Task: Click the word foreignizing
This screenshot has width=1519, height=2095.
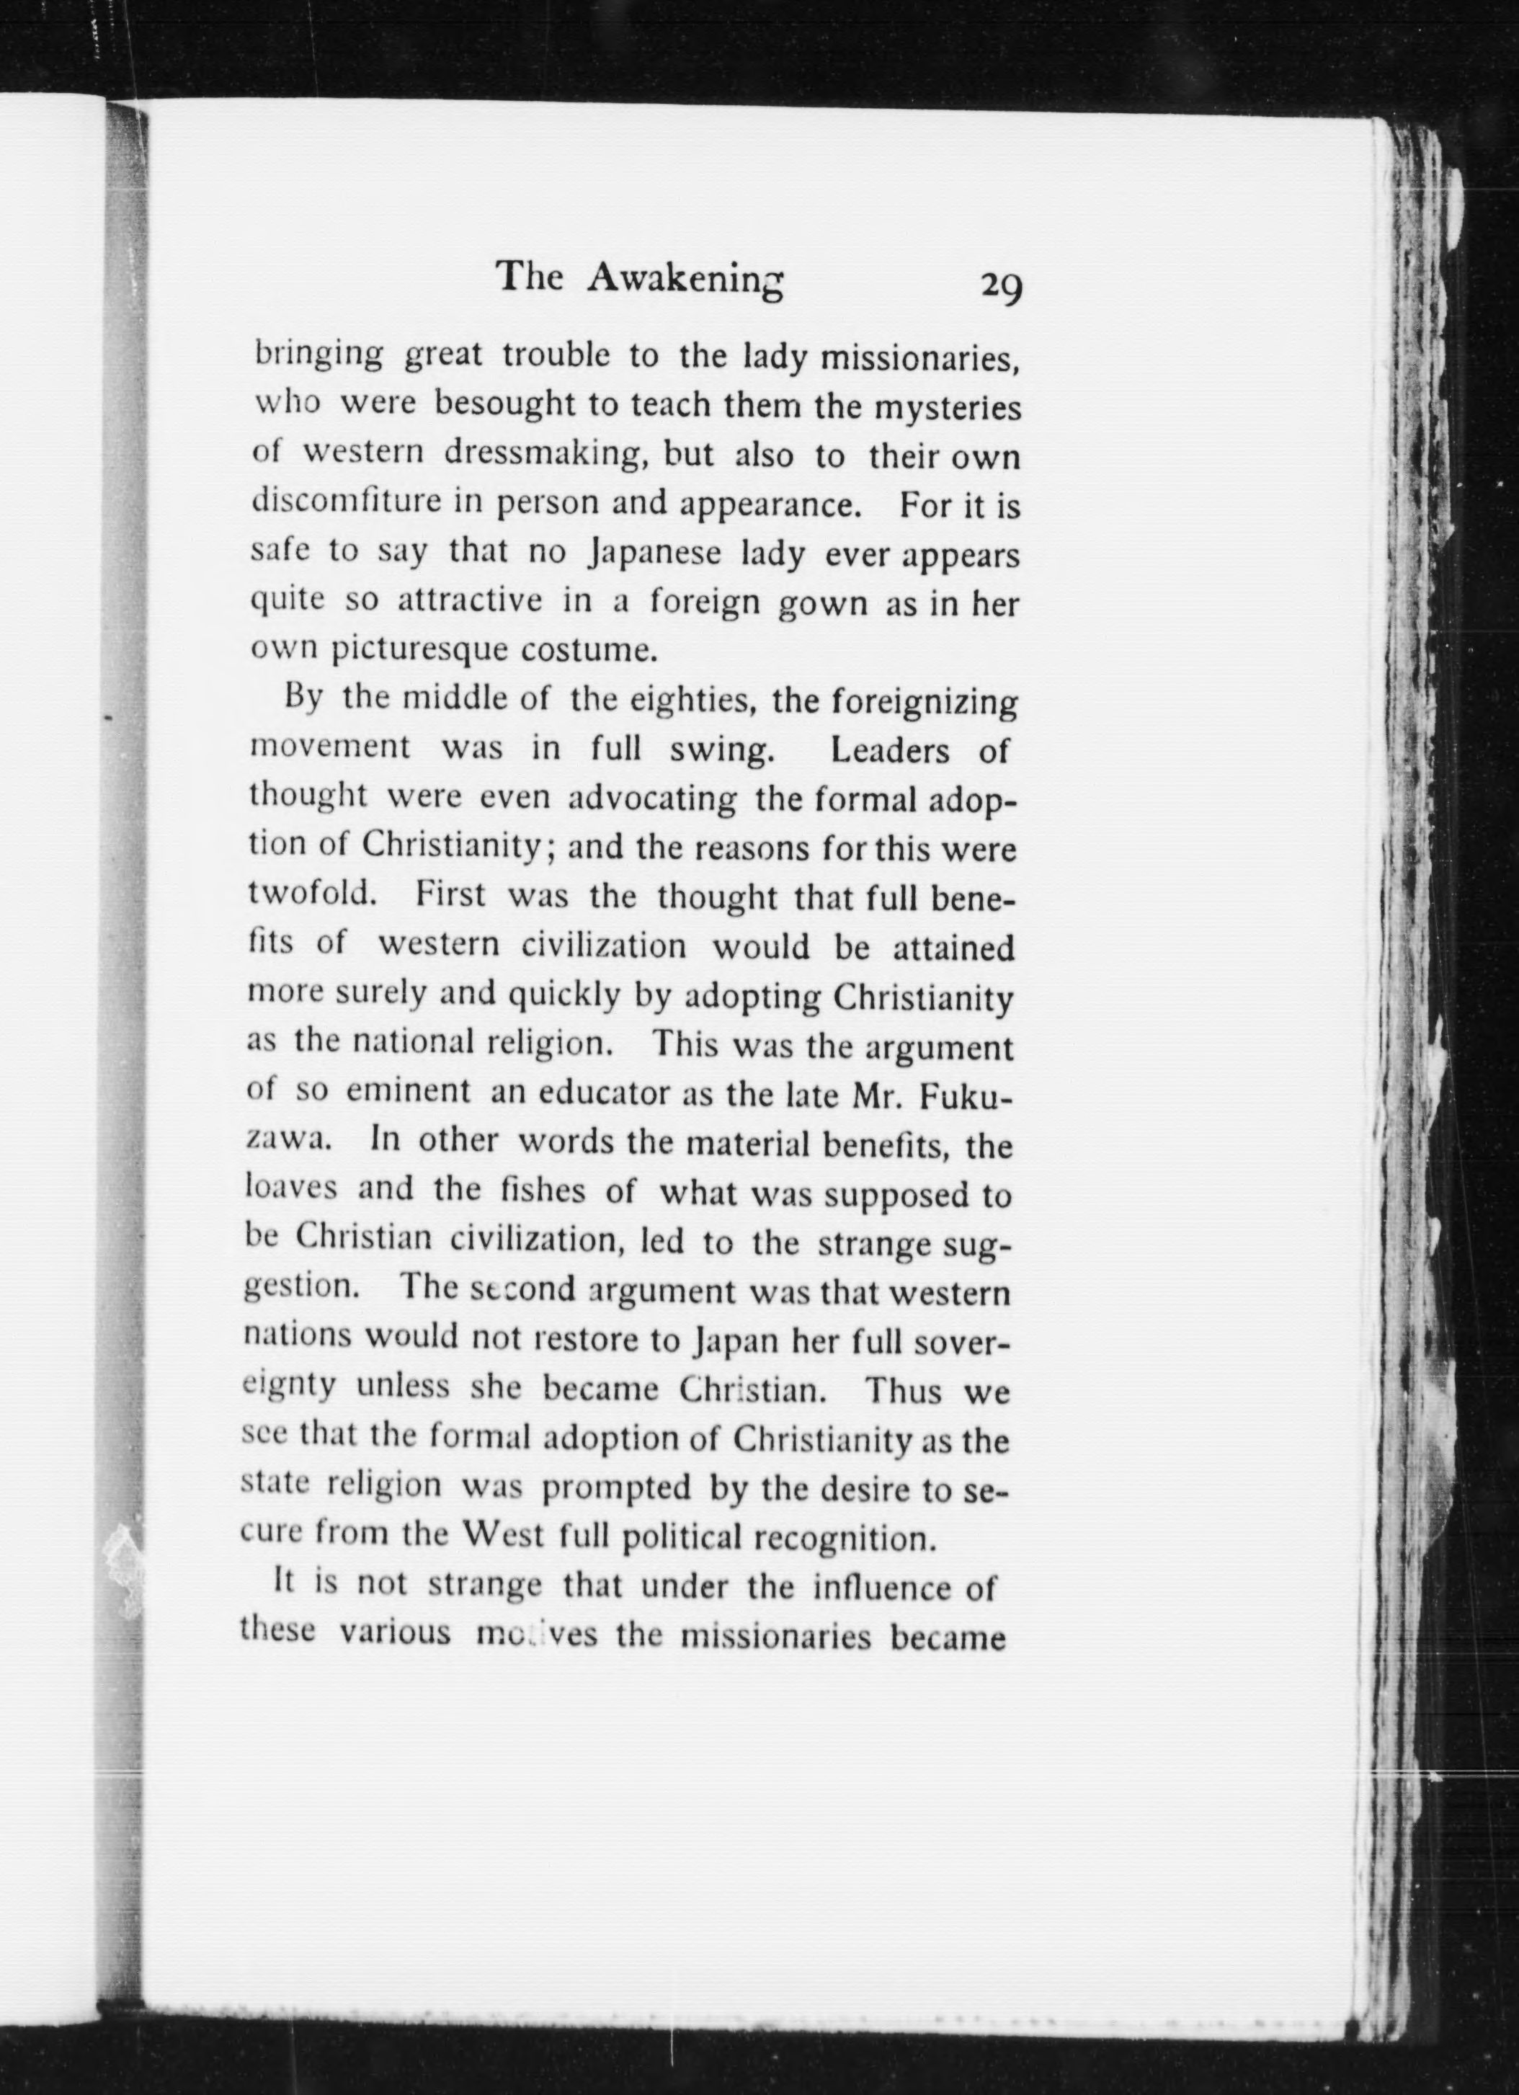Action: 925,706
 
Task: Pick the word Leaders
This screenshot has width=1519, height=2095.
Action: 890,750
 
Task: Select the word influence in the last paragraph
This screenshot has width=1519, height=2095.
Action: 883,1588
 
